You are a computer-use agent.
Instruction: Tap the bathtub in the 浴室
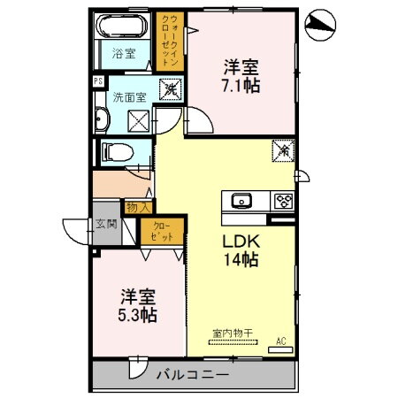tap(124, 26)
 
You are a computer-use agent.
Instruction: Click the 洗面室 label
tap(128, 95)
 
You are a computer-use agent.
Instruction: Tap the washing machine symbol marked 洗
tap(168, 89)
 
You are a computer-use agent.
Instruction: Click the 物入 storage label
tap(137, 206)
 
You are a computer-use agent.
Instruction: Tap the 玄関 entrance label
tap(106, 224)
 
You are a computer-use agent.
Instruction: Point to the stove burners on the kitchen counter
tap(283, 200)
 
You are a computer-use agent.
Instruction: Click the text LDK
tap(238, 241)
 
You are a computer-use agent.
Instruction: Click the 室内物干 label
tap(232, 333)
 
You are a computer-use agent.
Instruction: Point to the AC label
tap(282, 340)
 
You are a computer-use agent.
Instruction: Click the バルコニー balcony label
tap(190, 375)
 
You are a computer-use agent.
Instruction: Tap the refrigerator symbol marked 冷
tap(283, 150)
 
